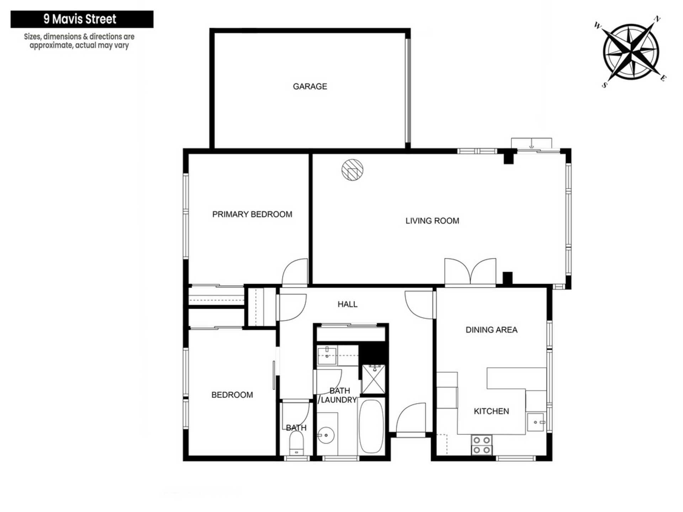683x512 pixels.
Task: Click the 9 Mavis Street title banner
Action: (82, 19)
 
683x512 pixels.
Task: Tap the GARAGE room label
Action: (310, 86)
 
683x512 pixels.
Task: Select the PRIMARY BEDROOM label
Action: (252, 214)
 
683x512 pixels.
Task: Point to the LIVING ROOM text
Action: (432, 221)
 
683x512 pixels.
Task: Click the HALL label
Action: (348, 304)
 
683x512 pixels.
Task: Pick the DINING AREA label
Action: (492, 330)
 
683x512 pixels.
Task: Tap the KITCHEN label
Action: (491, 411)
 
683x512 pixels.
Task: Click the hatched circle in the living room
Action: (352, 170)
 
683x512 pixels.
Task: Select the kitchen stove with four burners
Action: (482, 445)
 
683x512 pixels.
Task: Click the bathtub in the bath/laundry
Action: (371, 426)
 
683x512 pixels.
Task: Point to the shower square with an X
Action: (373, 379)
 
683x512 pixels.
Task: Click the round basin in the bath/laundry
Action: (326, 435)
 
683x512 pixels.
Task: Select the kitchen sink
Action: (536, 422)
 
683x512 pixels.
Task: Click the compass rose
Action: (631, 52)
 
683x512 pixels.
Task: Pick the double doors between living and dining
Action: (470, 272)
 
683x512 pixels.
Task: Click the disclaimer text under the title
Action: (79, 41)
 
